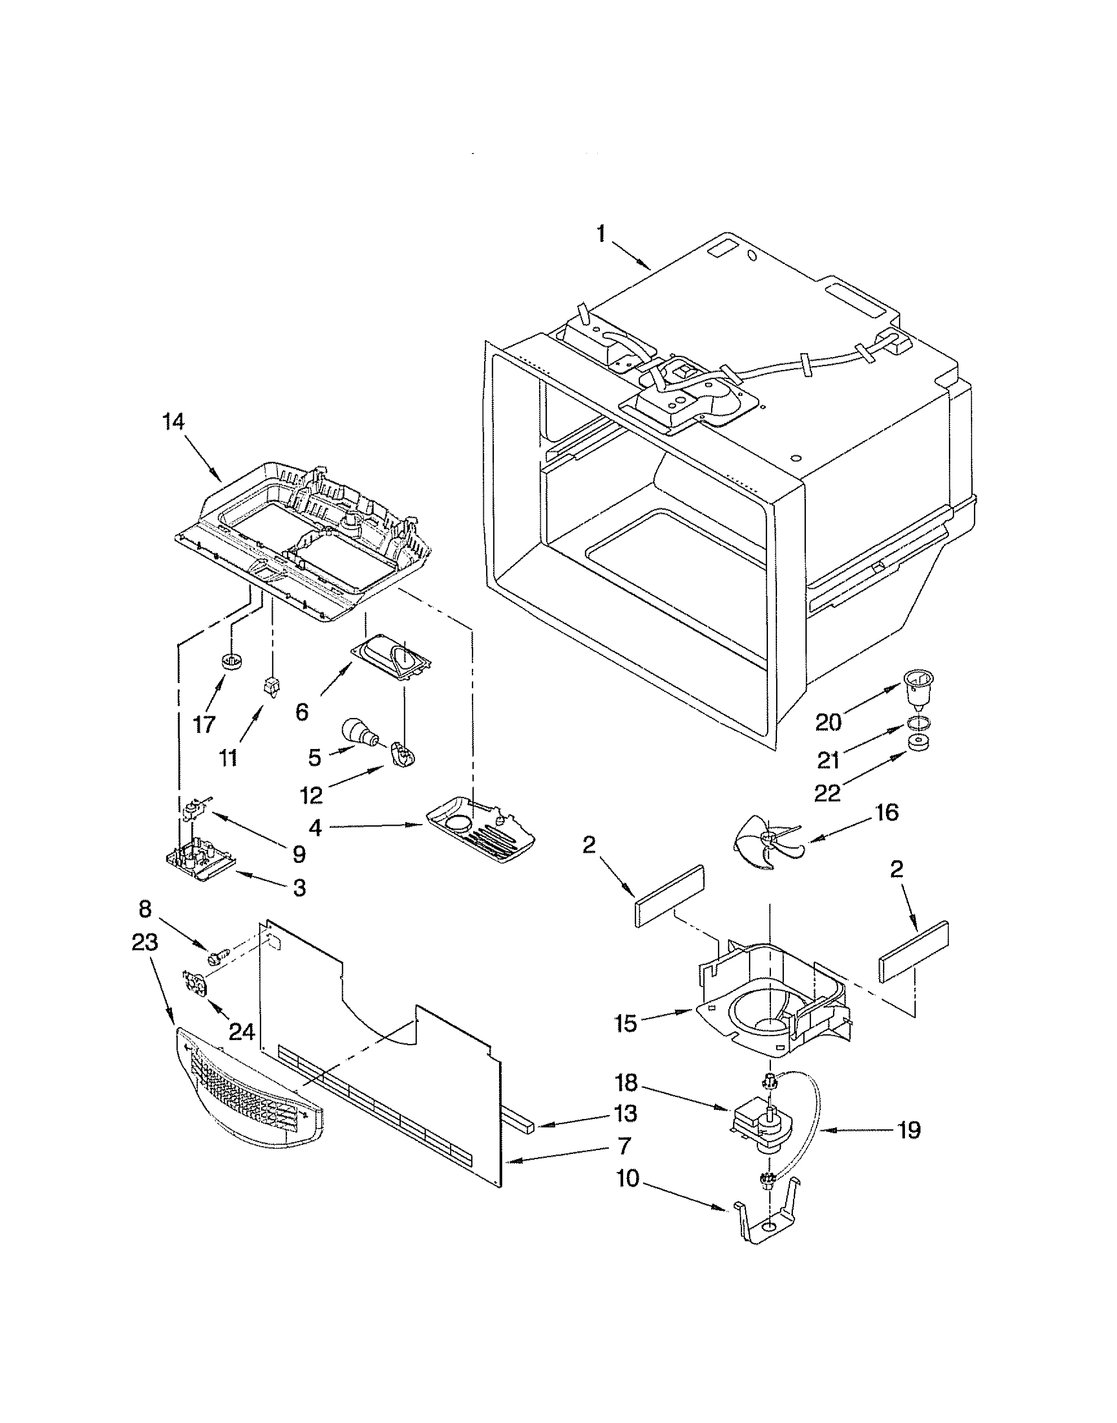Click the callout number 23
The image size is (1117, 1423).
[144, 943]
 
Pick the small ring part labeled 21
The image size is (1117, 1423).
[919, 724]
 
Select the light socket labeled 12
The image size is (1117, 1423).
[405, 754]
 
